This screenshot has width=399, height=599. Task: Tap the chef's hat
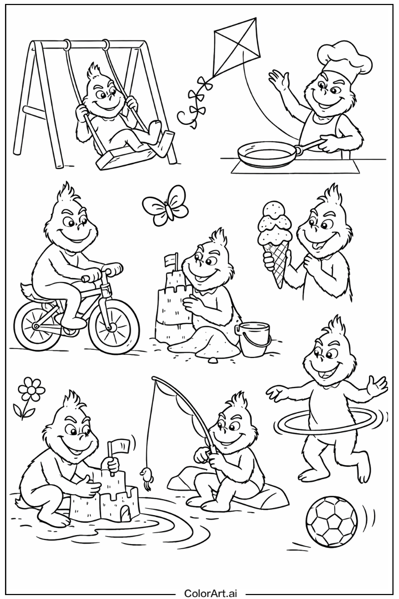(x=345, y=59)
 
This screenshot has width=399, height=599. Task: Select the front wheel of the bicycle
(x=114, y=327)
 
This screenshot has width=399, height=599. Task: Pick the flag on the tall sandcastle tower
(x=170, y=260)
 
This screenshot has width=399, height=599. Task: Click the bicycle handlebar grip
(x=114, y=268)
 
